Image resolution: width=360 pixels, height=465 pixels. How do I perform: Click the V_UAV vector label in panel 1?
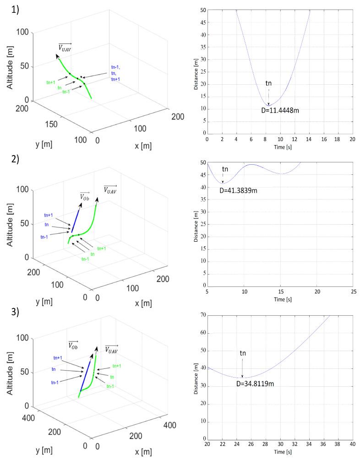[x=65, y=47]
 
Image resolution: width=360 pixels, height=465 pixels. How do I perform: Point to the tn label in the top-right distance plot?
[x=269, y=84]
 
